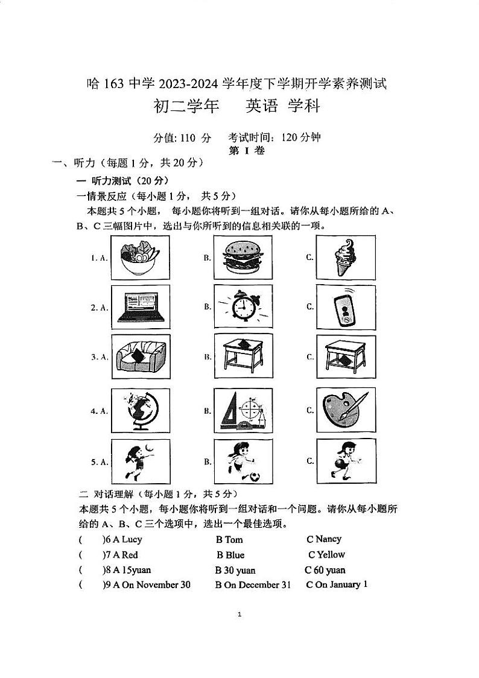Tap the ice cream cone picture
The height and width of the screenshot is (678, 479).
345,257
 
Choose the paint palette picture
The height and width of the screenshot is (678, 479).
345,410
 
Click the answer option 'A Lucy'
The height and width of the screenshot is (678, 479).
127,539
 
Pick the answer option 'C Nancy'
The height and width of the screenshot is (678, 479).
324,539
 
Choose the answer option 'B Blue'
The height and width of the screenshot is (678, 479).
230,555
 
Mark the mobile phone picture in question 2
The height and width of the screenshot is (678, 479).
345,306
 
